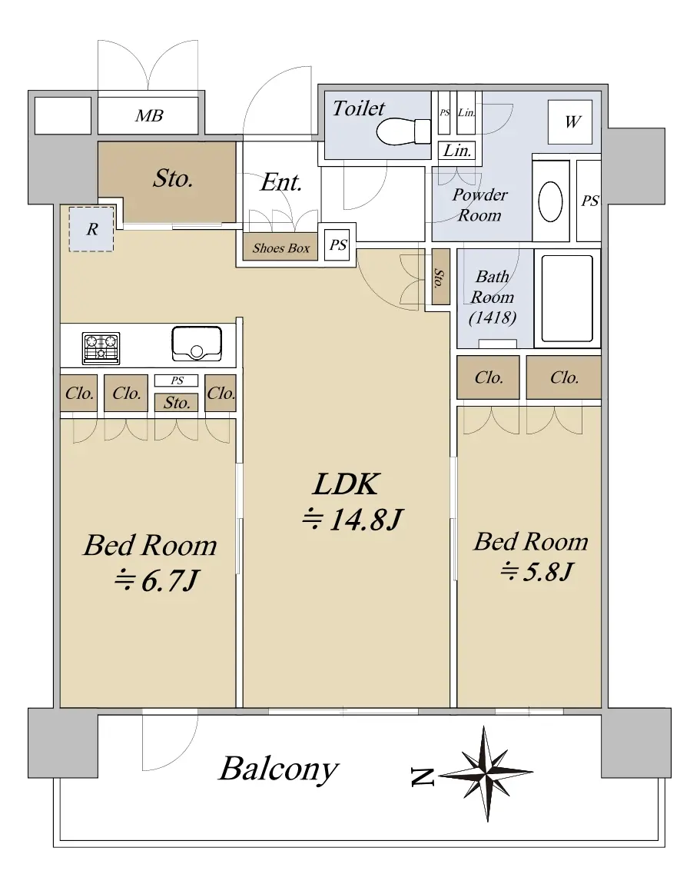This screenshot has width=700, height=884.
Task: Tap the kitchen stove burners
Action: coord(101,347)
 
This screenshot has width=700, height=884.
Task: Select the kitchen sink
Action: coord(197,343)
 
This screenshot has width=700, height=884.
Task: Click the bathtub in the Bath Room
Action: coord(566,298)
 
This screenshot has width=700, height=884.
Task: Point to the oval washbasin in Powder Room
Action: coord(551,201)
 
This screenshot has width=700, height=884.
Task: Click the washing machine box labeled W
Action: coord(570,122)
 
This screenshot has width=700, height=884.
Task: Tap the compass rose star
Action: coord(486,773)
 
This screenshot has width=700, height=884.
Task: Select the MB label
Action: coord(149,115)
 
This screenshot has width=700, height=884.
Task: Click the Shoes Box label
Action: coord(280,248)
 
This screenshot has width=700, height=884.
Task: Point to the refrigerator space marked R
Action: coord(92,229)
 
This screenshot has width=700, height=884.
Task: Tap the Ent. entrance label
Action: coord(281,182)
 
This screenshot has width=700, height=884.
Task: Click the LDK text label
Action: coord(347,484)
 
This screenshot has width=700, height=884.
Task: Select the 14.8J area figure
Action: coord(353,519)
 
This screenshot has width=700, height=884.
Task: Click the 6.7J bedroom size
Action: coord(157,580)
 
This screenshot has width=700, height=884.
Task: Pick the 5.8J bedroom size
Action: coord(536,572)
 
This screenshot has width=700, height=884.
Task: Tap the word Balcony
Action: coord(279,769)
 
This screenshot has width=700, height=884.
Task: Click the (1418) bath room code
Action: coord(493,318)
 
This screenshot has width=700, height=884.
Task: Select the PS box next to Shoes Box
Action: coord(337,244)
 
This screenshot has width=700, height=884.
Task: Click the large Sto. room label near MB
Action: coord(173,178)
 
